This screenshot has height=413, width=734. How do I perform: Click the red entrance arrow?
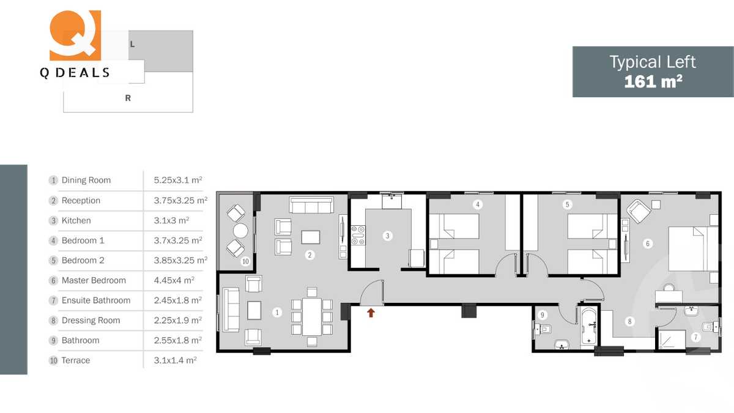(x=371, y=313)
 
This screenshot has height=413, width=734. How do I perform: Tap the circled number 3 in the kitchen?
(x=387, y=235)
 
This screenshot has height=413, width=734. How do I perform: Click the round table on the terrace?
(x=240, y=230)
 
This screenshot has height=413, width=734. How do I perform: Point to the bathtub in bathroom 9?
(x=588, y=327)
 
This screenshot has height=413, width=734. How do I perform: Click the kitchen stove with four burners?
(x=358, y=236)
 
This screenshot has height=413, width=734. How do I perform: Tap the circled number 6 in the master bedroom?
(x=648, y=243)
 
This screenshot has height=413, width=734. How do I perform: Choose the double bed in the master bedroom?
(x=693, y=248)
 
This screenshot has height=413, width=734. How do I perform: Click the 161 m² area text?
(x=653, y=81)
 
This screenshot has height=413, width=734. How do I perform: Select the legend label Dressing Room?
(x=91, y=320)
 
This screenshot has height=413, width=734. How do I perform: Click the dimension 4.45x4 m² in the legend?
(x=174, y=280)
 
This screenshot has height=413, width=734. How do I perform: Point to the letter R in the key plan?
(x=128, y=98)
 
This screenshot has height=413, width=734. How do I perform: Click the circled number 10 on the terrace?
(x=245, y=261)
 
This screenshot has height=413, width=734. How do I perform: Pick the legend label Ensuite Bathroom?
(x=96, y=300)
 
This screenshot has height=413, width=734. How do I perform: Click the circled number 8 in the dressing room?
(x=629, y=321)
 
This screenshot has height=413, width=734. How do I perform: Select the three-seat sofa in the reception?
(x=311, y=204)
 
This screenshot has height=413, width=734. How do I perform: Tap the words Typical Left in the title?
(x=653, y=62)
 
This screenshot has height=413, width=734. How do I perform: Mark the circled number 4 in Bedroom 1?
(x=478, y=204)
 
